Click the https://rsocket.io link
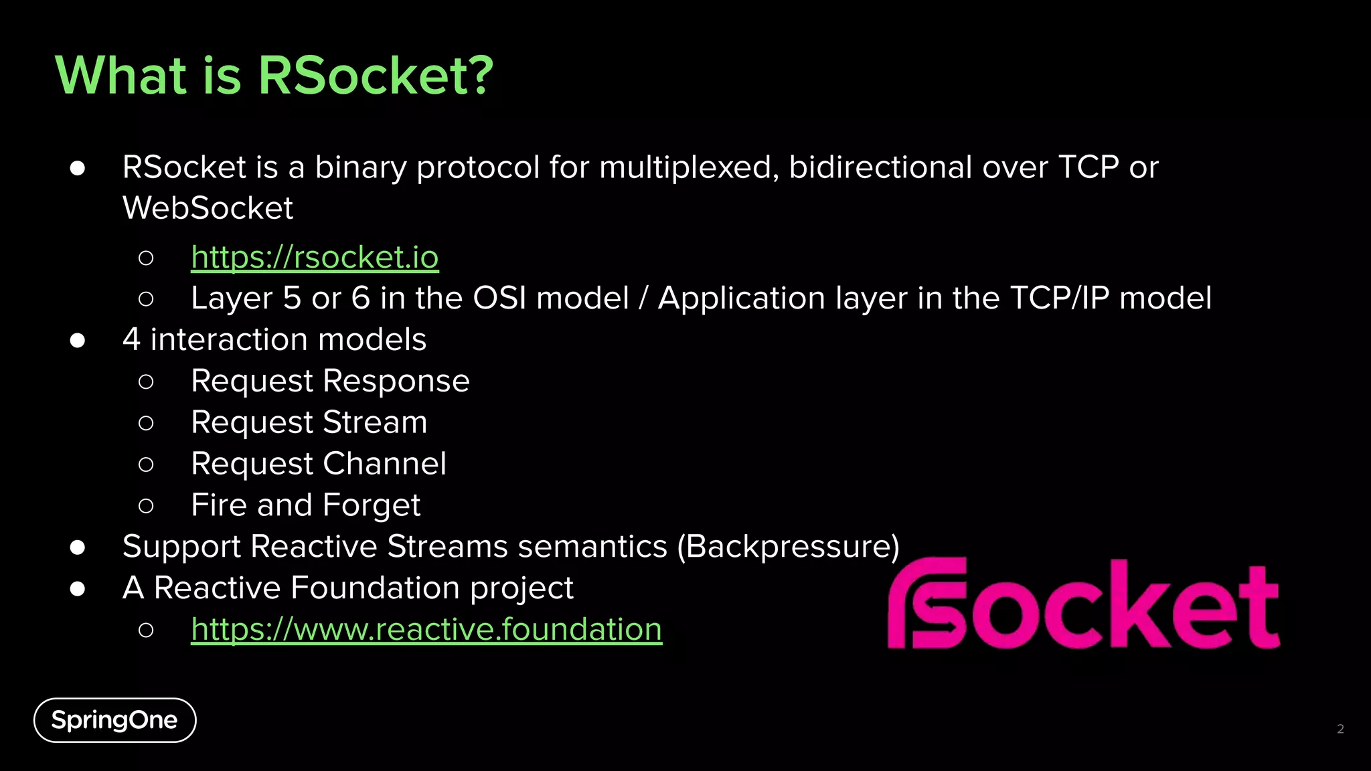pyautogui.click(x=315, y=257)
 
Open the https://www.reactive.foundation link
pyautogui.click(x=426, y=629)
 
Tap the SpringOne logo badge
pyautogui.click(x=114, y=720)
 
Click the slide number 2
pyautogui.click(x=1340, y=729)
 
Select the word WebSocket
pyautogui.click(x=208, y=208)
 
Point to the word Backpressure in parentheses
pyautogui.click(x=789, y=547)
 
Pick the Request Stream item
pyautogui.click(x=309, y=422)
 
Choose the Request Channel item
pyautogui.click(x=318, y=464)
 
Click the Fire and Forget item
pyautogui.click(x=305, y=505)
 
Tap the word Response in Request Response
pyautogui.click(x=396, y=381)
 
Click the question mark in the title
pyautogui.click(x=478, y=75)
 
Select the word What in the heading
pyautogui.click(x=120, y=75)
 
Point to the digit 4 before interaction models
pyautogui.click(x=132, y=340)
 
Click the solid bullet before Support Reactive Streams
pyautogui.click(x=78, y=547)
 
